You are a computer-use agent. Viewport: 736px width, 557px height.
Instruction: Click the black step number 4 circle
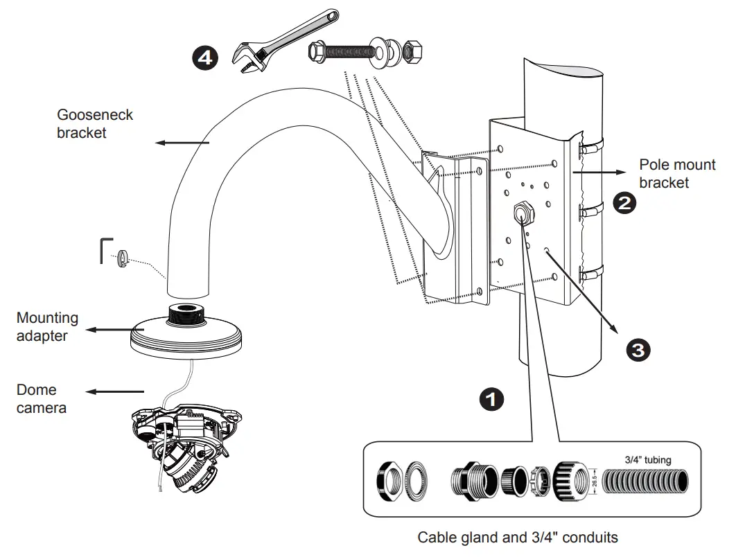tap(205, 58)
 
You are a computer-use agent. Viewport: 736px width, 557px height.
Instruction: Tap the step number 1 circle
tap(491, 399)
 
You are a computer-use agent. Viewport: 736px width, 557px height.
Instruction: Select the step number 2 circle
tap(624, 203)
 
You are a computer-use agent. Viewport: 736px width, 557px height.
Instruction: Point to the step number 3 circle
tap(638, 350)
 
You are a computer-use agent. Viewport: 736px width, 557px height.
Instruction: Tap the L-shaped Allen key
tap(105, 251)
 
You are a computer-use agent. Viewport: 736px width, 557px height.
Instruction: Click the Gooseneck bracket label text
tap(94, 124)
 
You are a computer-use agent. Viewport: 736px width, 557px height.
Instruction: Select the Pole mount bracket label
tap(677, 174)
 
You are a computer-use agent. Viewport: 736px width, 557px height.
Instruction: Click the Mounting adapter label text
tap(47, 326)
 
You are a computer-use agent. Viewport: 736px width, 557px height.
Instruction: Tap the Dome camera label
tap(41, 399)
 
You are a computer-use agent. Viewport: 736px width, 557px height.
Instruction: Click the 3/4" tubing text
tap(648, 460)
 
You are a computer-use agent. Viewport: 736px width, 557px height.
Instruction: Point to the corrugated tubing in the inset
tap(645, 481)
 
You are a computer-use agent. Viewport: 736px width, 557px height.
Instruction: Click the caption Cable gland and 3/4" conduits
tap(517, 538)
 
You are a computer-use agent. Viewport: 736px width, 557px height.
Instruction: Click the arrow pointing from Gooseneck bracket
tap(182, 143)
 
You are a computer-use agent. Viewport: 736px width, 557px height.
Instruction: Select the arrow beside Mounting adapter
tap(115, 330)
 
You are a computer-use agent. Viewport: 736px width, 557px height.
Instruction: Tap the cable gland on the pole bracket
tap(523, 212)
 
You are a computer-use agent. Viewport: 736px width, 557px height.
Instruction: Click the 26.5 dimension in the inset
tap(594, 481)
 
